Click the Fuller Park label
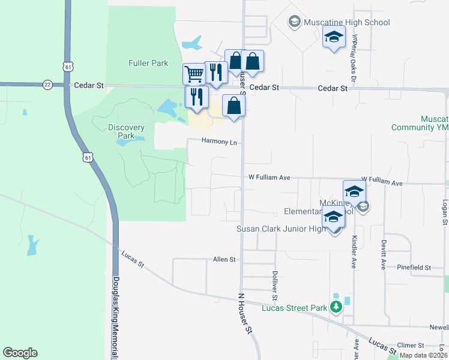coord(148,63)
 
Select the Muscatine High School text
coord(347,23)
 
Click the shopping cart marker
coord(194,74)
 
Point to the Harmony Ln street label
coord(220,142)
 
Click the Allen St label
coord(224,259)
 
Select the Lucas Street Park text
coord(295,308)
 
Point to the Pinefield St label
coord(414,267)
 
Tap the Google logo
coord(20,353)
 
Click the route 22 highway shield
coord(47,85)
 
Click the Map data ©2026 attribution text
coord(423,355)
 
